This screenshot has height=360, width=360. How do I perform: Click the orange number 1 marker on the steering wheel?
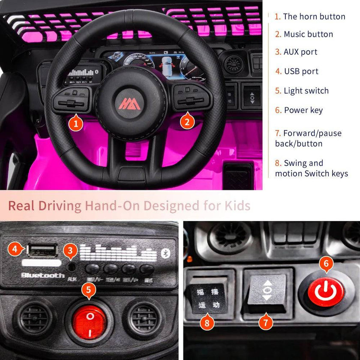point(76,124)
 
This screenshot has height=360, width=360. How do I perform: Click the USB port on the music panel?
point(42,250)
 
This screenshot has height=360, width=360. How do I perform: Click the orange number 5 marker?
point(88,290)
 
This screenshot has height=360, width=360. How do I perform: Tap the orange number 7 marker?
point(266,322)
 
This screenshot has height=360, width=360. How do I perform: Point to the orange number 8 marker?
point(207,322)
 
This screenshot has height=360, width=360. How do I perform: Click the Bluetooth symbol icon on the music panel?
point(164,253)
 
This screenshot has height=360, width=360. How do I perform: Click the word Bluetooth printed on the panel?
point(43,275)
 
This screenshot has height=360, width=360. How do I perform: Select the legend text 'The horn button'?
point(314,17)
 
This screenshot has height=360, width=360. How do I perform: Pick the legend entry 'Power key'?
point(303,110)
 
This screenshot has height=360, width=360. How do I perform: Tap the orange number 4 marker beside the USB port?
point(15,248)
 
